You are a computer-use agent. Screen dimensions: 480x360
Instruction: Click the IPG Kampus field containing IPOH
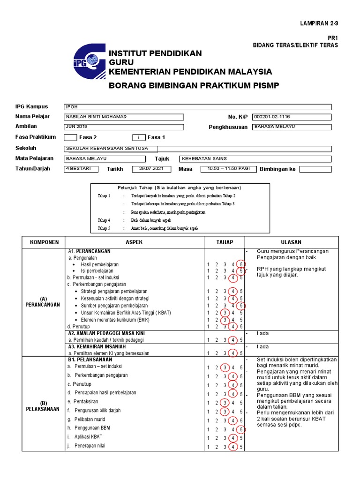click(x=197, y=107)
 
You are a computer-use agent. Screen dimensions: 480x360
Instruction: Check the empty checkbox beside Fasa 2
click(x=70, y=138)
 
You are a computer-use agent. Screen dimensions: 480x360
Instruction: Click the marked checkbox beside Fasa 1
click(x=139, y=138)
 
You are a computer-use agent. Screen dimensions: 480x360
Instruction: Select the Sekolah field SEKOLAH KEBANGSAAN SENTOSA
click(x=197, y=149)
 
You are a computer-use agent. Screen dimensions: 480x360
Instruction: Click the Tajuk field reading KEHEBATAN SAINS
click(x=255, y=159)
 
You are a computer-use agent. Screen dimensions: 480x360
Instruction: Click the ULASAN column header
click(x=291, y=242)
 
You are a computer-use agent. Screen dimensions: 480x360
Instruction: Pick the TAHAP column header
click(x=224, y=242)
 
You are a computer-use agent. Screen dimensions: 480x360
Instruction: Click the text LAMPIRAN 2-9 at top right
click(x=318, y=23)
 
